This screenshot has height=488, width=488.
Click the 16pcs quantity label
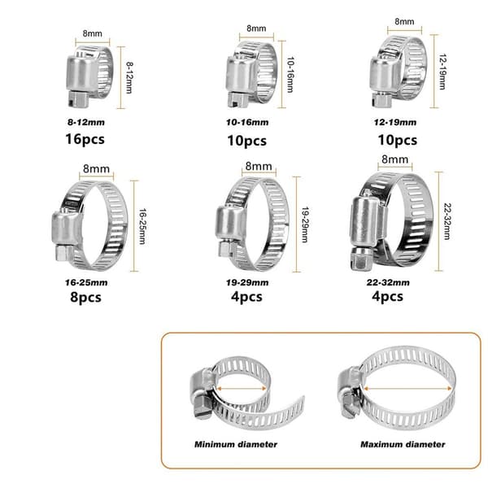coord(85,139)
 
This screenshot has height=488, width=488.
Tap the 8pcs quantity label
coord(85,297)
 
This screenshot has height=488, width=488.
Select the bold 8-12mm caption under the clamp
coord(86,122)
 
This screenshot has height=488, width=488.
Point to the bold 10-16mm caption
coord(247,122)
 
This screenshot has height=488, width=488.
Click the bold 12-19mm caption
coord(395,122)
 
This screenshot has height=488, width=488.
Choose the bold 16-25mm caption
coord(86,282)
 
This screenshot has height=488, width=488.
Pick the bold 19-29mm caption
coord(247,282)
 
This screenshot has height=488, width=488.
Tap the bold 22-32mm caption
coord(388,282)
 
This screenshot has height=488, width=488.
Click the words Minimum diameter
coord(236,444)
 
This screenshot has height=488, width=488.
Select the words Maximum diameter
coord(403,444)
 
